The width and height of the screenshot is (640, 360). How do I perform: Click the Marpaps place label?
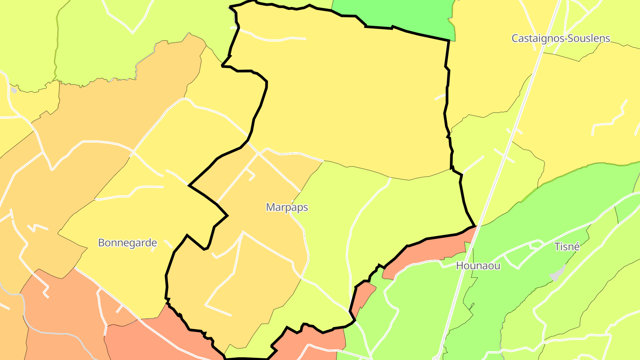click(x=287, y=207)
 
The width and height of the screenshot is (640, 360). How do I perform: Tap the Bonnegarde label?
click(x=127, y=243)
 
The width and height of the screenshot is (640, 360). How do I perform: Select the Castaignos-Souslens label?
click(x=561, y=38)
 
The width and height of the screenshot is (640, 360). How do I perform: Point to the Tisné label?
click(x=567, y=247)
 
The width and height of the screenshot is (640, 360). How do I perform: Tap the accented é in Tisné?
click(x=576, y=247)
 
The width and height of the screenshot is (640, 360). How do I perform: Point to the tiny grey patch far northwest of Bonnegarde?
click(x=14, y=90)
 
